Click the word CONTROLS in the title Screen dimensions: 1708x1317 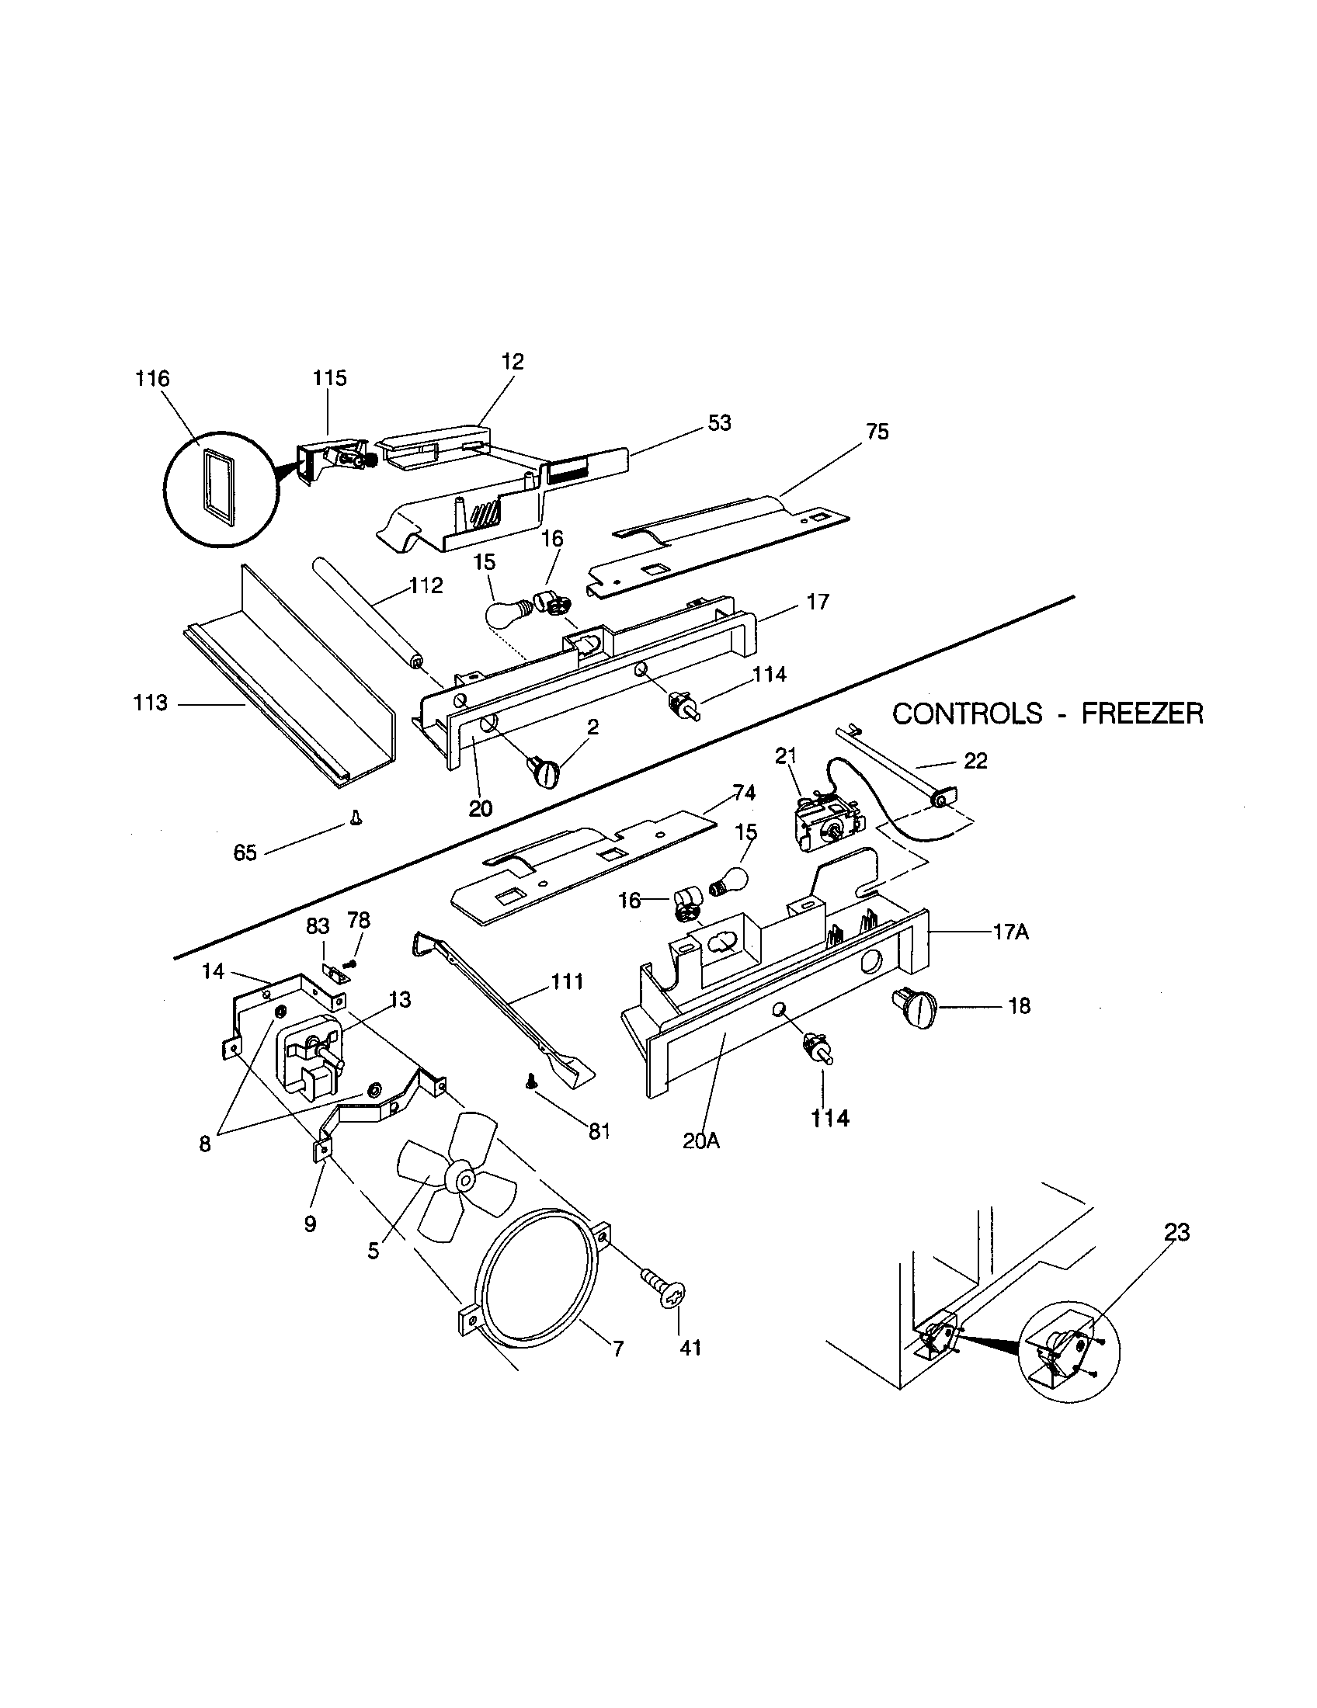pos(968,713)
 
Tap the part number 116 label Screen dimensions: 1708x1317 pos(151,379)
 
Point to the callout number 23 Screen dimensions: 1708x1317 pos(1176,1233)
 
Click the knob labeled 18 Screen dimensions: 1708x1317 pos(913,1007)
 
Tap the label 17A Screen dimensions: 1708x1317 pos(1010,932)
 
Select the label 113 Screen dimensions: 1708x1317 pos(150,703)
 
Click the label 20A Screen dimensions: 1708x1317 pos(700,1140)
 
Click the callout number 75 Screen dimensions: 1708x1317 pos(877,432)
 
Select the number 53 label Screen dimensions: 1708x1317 pos(720,422)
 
